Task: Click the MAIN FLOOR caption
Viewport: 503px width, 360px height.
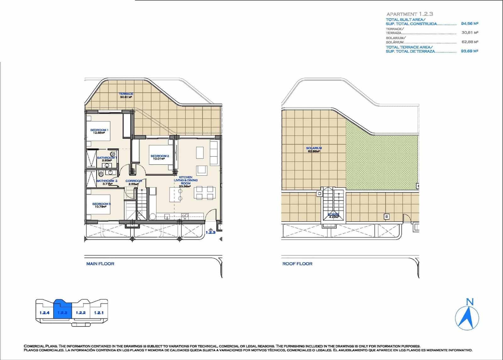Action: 100,264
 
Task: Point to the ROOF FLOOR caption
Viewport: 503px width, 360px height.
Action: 297,264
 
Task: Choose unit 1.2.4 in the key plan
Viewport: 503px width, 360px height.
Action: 45,313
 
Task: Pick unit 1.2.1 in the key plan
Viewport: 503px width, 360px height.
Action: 99,313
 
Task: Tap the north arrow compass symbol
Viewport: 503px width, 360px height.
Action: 467,316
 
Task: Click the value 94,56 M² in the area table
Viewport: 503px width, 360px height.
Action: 469,24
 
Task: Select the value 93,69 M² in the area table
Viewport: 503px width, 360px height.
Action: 469,51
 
